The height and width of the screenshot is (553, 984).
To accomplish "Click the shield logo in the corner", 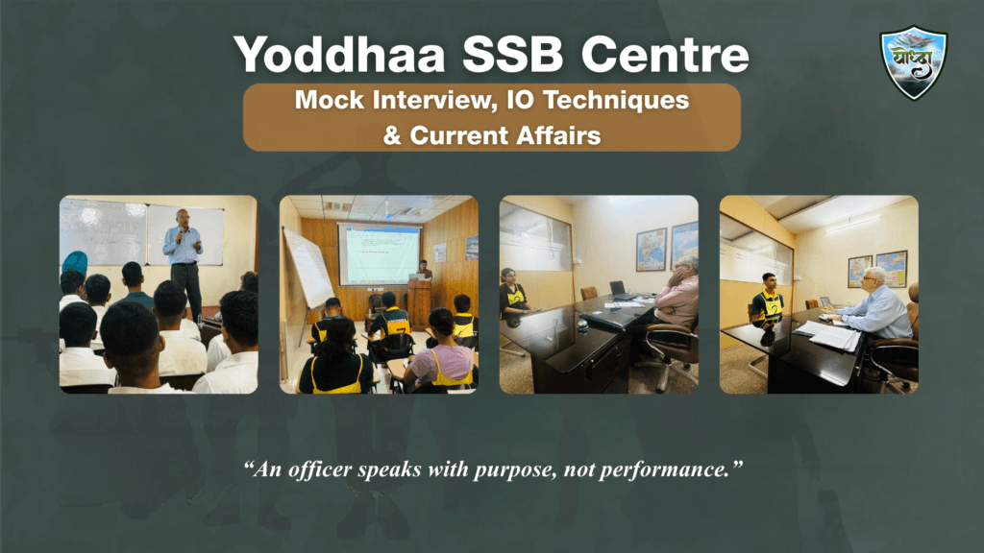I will click(913, 62).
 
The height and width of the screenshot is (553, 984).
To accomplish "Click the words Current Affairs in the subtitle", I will click(505, 135).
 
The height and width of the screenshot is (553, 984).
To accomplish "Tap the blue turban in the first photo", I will click(74, 262).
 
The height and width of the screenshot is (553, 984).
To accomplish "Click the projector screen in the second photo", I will click(379, 253).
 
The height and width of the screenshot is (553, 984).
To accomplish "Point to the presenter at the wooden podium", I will click(424, 273).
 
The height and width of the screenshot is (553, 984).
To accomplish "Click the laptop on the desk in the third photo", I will click(617, 289).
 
